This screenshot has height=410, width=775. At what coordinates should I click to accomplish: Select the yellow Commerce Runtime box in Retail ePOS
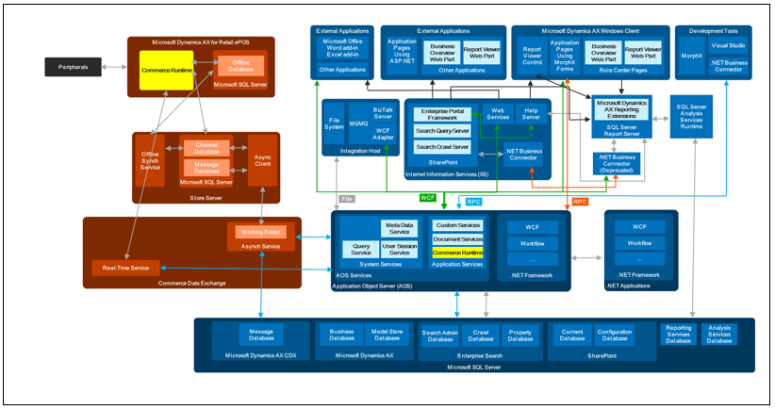coord(167,71)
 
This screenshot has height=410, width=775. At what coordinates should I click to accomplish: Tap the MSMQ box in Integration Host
coord(358,123)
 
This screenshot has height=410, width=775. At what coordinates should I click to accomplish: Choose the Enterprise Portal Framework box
coord(443,114)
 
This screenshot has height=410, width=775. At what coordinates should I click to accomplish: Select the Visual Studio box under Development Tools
coord(729,45)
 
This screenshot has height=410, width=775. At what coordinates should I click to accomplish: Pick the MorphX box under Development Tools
coord(691,55)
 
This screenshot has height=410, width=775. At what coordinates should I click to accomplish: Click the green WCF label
coord(428,198)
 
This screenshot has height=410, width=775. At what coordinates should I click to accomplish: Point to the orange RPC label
coord(580,201)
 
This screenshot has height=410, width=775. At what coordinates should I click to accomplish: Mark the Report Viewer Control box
coord(532,56)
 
